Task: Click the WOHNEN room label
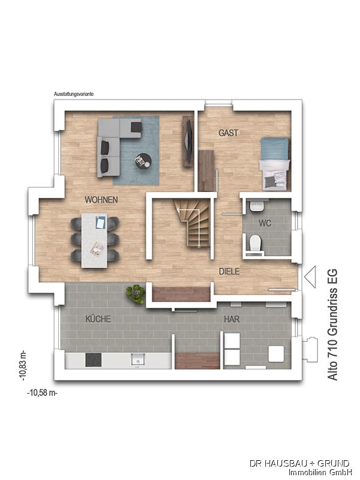coord(101,200)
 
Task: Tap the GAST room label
coord(229,133)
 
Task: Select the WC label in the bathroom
coord(265,223)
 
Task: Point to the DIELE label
coord(229,271)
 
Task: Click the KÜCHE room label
coord(98,319)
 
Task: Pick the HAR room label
coord(232,319)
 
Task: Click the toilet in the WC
coord(256,243)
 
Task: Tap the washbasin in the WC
coord(257,206)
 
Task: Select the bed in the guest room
coord(274,164)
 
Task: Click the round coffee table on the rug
coord(143,160)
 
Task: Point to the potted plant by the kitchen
coord(136,293)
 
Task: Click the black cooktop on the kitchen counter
coord(94,359)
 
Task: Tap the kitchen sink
coord(138,359)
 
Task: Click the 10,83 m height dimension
coord(23,366)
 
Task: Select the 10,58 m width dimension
coord(43,392)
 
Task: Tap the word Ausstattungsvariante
coord(74,94)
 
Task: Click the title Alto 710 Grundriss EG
coord(332,325)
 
